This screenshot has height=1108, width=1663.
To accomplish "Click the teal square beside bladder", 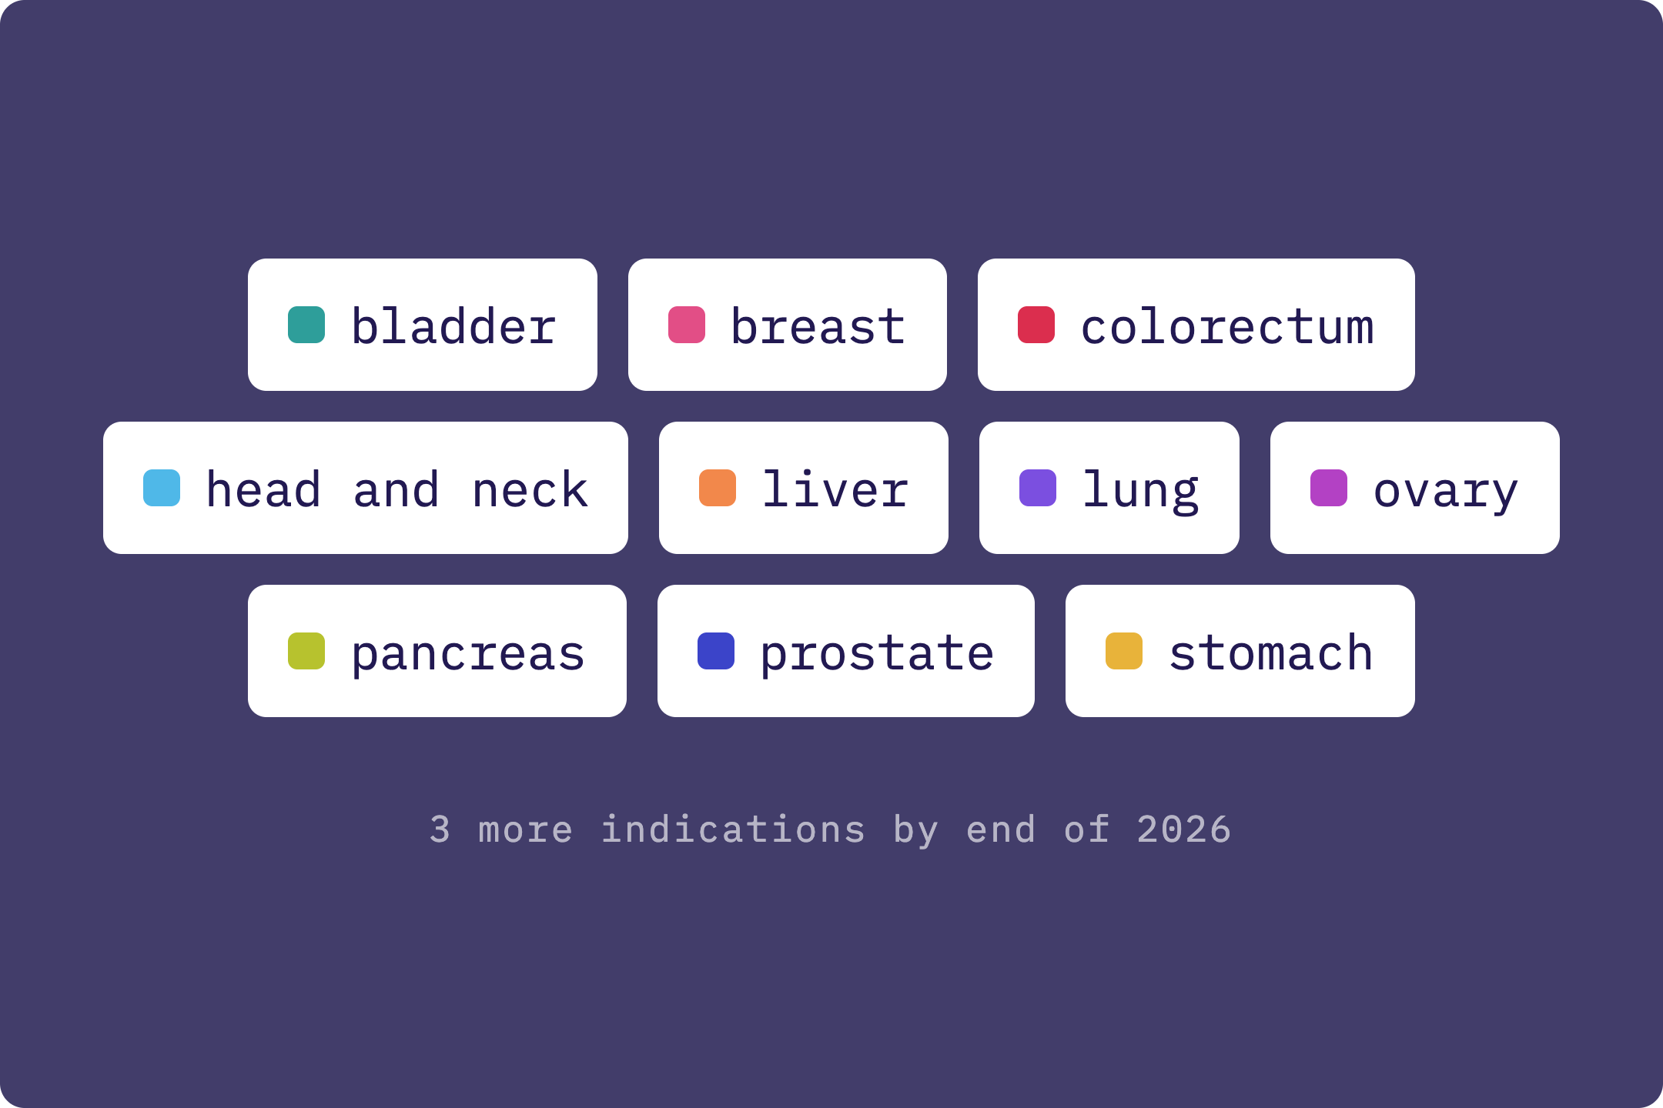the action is (x=306, y=325).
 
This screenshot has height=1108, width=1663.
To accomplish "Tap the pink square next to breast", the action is (x=687, y=325).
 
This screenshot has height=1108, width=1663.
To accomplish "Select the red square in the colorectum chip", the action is (x=1036, y=325).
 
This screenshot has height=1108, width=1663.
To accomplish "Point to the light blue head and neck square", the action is (x=162, y=488).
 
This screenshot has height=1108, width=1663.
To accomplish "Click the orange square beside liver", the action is (x=718, y=488).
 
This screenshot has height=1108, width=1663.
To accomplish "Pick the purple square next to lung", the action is (x=1038, y=488).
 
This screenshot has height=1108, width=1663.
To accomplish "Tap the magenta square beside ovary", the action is (x=1329, y=488).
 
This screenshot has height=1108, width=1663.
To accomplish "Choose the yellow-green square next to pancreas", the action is (x=306, y=651).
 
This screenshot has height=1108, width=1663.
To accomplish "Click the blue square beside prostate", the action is (x=716, y=651).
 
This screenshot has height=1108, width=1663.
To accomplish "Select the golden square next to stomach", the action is (x=1124, y=651).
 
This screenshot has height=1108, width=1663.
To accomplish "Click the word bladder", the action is (x=453, y=325).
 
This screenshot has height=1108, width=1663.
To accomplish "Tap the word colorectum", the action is (x=1227, y=326).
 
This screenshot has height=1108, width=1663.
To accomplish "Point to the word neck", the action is (x=530, y=489).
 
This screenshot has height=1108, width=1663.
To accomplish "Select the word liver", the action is (x=835, y=489).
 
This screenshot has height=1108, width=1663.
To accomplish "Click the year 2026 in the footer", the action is (x=1184, y=829).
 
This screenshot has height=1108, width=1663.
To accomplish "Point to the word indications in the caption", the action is (x=733, y=829).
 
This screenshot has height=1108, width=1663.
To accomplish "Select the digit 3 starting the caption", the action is (x=440, y=829).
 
